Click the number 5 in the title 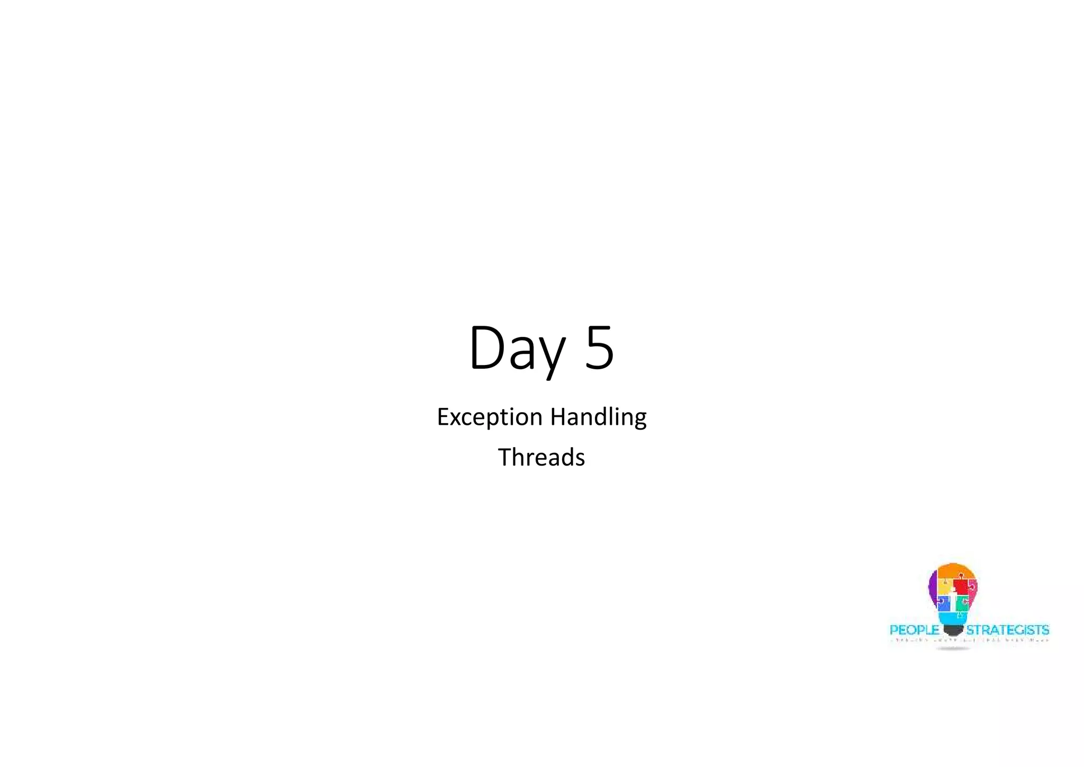coord(600,348)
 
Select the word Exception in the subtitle coord(490,417)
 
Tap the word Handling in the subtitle coord(598,417)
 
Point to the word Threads coord(541,457)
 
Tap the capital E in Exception coord(443,417)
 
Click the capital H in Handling coord(557,417)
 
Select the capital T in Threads coord(504,457)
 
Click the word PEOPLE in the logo coord(914,630)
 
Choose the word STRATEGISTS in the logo coord(1007,630)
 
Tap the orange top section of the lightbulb coord(953,572)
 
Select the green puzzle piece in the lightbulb coord(963,602)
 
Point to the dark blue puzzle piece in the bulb coord(943,603)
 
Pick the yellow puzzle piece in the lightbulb coord(944,587)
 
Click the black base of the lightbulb coord(953,630)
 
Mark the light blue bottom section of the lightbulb coord(953,617)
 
